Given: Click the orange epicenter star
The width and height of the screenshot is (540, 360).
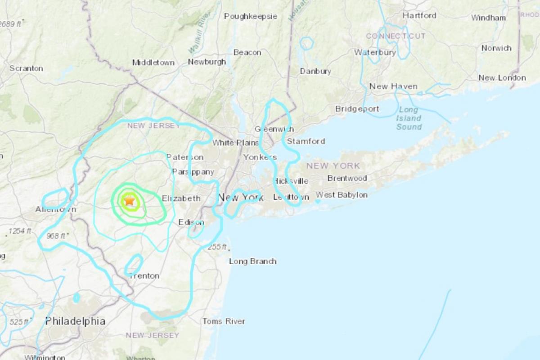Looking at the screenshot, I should coord(129,201).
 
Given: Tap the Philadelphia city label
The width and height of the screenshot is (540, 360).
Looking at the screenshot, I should coord(75,321).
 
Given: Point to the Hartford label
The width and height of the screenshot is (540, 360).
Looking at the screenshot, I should coord(419,15).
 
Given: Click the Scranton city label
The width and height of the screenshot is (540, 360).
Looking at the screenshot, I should coord(26,68).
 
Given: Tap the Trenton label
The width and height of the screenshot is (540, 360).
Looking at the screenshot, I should coord(144,275).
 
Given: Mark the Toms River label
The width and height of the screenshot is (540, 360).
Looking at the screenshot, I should coord(224,321).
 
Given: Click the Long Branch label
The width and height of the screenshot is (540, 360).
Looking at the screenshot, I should coord(252,261).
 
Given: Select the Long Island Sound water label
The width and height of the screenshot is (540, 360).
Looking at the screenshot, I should coord(409,118).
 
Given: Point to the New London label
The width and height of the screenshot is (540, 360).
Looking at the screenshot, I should coord(502,78).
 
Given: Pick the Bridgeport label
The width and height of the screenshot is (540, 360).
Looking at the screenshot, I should coord(357,109).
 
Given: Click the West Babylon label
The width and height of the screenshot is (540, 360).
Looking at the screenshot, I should coord(342,195).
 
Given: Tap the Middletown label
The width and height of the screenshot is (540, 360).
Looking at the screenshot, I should coord(153,63).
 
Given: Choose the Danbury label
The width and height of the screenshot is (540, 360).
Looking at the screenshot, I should coord(315,71).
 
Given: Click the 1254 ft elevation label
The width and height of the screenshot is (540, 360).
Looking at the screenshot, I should coord(20,231).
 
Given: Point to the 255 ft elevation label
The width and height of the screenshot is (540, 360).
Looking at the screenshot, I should coord(217,247).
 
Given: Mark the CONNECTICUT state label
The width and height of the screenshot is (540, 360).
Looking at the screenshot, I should coord(396,36).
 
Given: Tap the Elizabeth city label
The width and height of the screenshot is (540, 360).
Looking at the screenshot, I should coord(181,198).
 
